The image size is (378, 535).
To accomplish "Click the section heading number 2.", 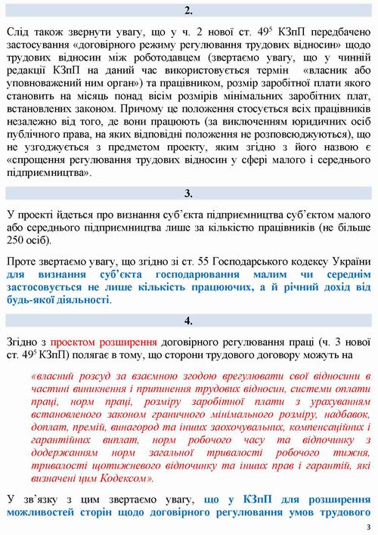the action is (x=189, y=11).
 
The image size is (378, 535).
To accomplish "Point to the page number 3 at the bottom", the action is (x=367, y=527).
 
